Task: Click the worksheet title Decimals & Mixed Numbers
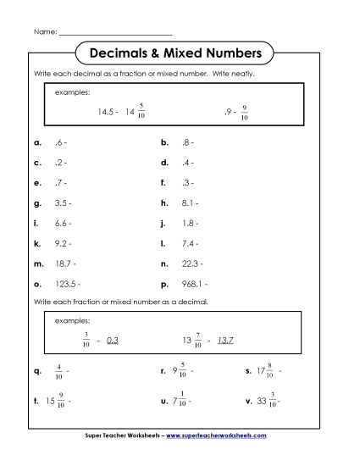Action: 180,53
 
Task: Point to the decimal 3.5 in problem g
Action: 61,203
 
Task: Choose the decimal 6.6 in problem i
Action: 61,224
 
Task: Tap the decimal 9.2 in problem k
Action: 61,244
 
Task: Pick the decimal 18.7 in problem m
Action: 63,264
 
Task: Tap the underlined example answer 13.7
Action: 225,341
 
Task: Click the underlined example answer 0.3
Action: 114,341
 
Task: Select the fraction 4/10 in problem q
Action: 58,370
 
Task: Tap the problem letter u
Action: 162,400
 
